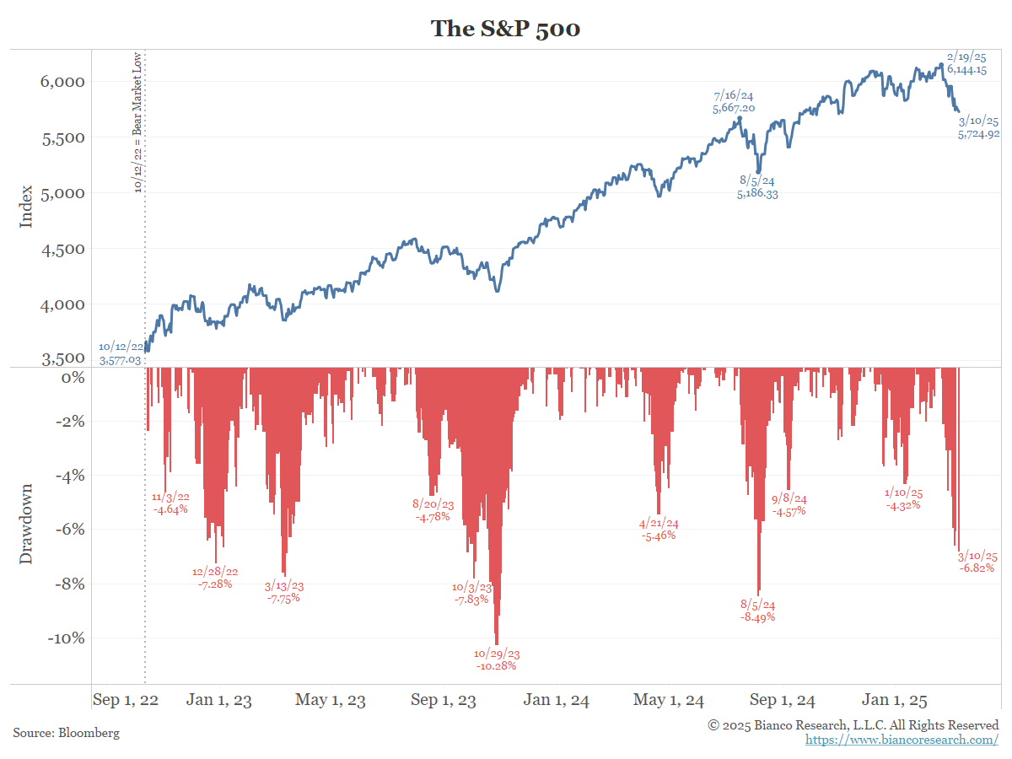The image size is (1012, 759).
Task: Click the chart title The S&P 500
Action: tap(505, 28)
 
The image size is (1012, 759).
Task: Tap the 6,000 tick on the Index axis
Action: tap(64, 82)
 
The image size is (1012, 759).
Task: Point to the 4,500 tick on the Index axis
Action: tap(64, 249)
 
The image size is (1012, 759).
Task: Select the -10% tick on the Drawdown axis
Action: tap(66, 638)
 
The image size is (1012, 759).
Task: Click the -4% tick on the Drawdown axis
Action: tap(69, 476)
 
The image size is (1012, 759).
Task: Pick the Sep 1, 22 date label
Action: tap(125, 700)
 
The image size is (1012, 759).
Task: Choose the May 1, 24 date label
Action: tap(668, 700)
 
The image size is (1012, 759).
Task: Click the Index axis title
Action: tap(26, 206)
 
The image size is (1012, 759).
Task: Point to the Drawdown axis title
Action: tap(26, 523)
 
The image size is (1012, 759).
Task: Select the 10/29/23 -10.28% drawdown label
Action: tap(496, 659)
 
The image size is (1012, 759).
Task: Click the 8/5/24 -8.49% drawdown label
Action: tap(757, 611)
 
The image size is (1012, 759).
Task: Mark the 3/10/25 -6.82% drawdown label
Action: tap(977, 563)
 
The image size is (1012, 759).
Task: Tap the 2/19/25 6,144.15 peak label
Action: tap(966, 63)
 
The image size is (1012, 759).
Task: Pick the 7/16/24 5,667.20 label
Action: tap(734, 102)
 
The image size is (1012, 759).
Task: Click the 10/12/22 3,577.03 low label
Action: tap(120, 353)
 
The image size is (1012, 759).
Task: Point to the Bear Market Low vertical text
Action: tap(137, 122)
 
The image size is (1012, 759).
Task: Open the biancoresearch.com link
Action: tap(902, 740)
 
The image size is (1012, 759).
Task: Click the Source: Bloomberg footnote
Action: tap(67, 733)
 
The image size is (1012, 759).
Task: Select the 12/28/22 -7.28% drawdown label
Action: tap(215, 577)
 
